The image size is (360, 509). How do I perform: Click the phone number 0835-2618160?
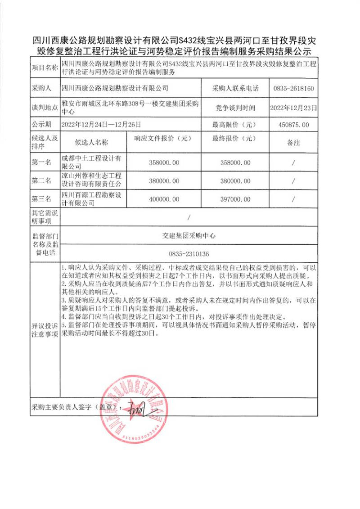[x=293, y=88]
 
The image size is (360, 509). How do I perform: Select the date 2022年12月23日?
[x=293, y=108]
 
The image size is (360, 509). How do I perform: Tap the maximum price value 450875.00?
[x=293, y=125]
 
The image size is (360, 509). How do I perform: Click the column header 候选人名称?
[x=92, y=143]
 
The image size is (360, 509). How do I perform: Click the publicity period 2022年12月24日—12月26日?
[x=102, y=125]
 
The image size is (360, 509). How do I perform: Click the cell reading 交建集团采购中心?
[x=189, y=235]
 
